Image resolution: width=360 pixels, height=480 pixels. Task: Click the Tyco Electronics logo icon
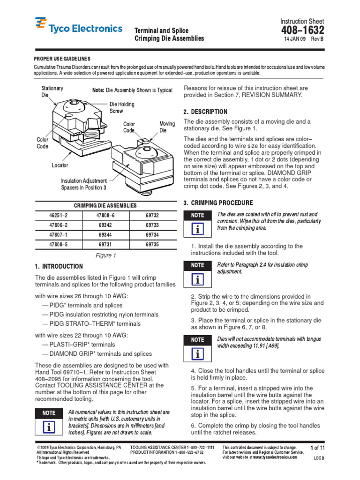point(41,23)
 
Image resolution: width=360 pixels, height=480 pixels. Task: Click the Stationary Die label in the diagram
point(52,91)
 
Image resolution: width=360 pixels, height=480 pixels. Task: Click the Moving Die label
point(167,127)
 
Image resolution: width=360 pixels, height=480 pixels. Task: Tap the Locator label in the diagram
point(60,165)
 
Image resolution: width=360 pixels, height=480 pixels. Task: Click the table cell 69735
point(152,244)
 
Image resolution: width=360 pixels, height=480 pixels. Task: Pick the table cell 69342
point(105,225)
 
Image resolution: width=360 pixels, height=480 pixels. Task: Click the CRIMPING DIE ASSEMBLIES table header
point(105,205)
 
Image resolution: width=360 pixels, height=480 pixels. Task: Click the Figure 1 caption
point(105,255)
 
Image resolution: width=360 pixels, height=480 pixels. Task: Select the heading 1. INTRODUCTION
point(59,266)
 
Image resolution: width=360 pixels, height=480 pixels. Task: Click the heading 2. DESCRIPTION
point(205,112)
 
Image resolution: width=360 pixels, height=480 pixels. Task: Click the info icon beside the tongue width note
point(198,354)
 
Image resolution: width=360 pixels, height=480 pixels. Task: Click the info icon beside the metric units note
point(49,427)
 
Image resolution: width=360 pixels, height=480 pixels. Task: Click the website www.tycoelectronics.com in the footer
point(275,457)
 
